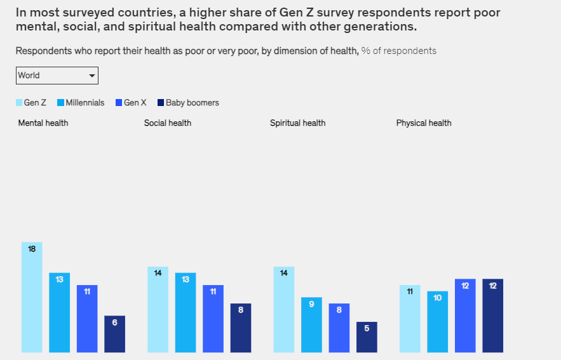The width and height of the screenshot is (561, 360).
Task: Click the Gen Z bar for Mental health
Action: (32, 298)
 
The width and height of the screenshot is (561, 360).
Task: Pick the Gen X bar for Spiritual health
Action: (339, 329)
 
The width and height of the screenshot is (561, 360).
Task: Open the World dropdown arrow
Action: (93, 76)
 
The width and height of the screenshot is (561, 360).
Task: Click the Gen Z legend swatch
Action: (19, 103)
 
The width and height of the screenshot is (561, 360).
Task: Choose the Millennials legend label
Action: (85, 103)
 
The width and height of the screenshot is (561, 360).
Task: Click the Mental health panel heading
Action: (43, 123)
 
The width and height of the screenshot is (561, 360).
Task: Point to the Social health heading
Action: (168, 123)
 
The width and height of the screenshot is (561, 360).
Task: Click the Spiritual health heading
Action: (297, 123)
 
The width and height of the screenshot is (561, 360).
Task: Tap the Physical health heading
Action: (424, 123)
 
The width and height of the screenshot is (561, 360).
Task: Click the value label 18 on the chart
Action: (32, 249)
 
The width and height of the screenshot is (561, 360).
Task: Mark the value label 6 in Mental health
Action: (114, 323)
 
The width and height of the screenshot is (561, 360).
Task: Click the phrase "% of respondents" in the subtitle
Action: (399, 51)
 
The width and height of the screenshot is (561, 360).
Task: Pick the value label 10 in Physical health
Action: (438, 298)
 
